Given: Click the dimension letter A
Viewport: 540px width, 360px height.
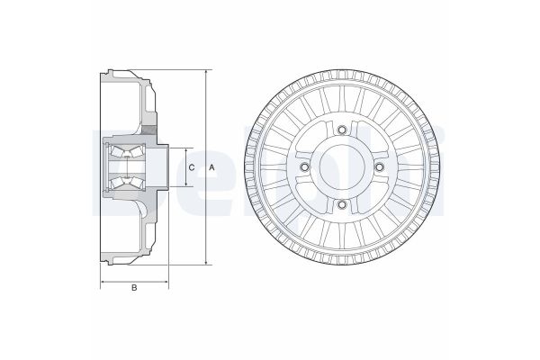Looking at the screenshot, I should pyautogui.click(x=211, y=167).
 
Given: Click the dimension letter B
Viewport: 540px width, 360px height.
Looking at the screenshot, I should pyautogui.click(x=134, y=288).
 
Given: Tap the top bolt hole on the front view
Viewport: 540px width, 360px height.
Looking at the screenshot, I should pyautogui.click(x=342, y=130).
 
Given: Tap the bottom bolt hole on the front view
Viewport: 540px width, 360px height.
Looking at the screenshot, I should pyautogui.click(x=342, y=205).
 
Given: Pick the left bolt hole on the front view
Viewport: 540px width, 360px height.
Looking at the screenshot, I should pyautogui.click(x=304, y=168).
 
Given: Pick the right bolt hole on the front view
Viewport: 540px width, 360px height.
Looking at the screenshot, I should pyautogui.click(x=379, y=168).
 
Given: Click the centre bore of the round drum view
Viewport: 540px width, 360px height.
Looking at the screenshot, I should pyautogui.click(x=342, y=168).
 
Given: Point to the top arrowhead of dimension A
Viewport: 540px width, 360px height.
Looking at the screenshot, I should pyautogui.click(x=206, y=72).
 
